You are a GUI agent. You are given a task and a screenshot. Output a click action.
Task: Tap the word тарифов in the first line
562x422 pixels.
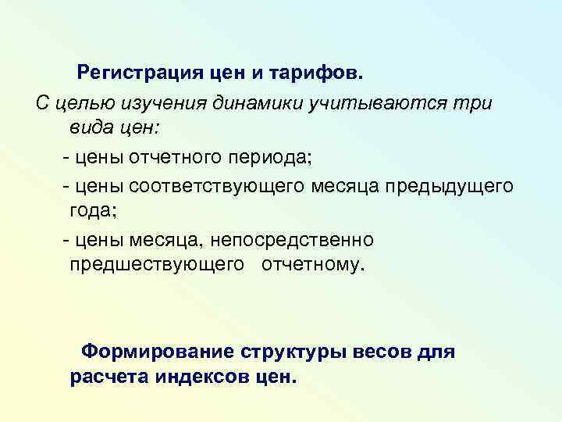(x=316, y=74)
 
